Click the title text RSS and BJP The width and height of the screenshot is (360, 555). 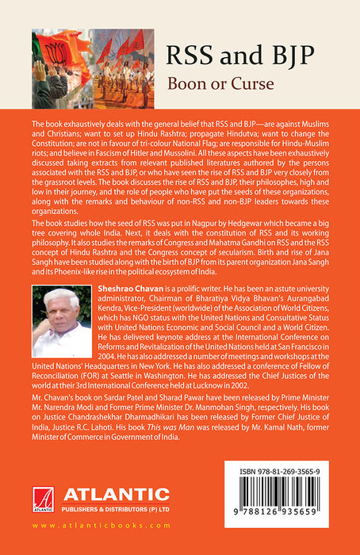click(x=242, y=55)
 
